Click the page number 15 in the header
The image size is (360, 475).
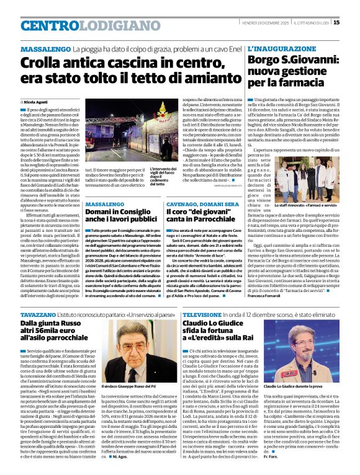pyautogui.click(x=353, y=23)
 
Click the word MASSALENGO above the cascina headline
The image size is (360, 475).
pyautogui.click(x=45, y=48)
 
